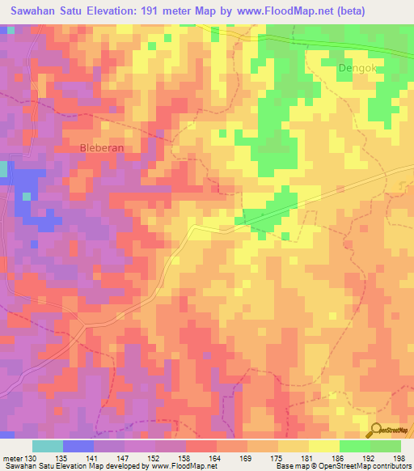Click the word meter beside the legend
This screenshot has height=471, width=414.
(13, 458)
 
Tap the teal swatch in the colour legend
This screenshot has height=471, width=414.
(48, 446)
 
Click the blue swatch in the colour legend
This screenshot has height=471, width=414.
(78, 446)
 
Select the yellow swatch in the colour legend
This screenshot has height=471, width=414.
(324, 446)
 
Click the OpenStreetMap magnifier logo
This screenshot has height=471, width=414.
(378, 431)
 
